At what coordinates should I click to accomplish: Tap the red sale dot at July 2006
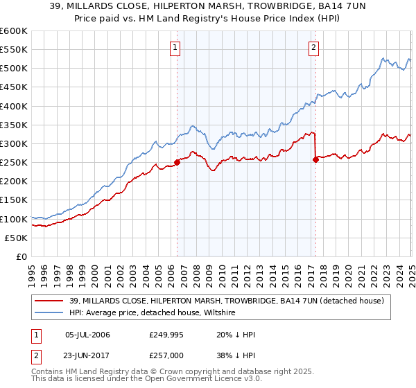tap(177, 162)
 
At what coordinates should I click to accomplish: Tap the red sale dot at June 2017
tap(316, 159)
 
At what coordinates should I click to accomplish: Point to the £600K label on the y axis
tap(13, 31)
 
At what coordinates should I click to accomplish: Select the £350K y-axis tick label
tap(13, 125)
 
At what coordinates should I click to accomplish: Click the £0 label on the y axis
tap(21, 256)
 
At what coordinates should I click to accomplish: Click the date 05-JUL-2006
tap(87, 335)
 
